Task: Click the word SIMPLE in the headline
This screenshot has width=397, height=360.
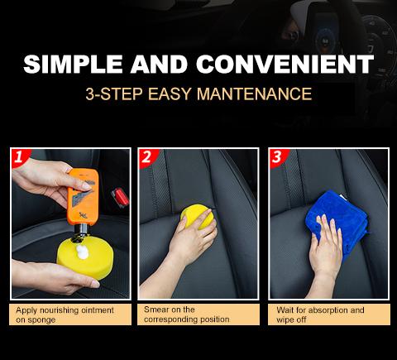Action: pyautogui.click(x=73, y=64)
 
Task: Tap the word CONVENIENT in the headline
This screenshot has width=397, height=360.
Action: pyautogui.click(x=285, y=64)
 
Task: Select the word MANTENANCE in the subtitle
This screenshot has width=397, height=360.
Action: pyautogui.click(x=255, y=94)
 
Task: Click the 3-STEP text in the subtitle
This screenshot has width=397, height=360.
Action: pyautogui.click(x=114, y=94)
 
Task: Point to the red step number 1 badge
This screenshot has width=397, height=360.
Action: pyautogui.click(x=19, y=157)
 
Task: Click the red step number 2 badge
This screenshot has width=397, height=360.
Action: pyautogui.click(x=147, y=157)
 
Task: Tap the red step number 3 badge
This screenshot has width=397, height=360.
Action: pyautogui.click(x=278, y=157)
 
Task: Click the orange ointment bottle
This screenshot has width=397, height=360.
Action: pyautogui.click(x=83, y=197)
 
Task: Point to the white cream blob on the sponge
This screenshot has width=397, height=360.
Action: pyautogui.click(x=83, y=252)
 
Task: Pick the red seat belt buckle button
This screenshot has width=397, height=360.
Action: pyautogui.click(x=121, y=197)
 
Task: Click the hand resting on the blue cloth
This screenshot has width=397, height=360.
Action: pyautogui.click(x=325, y=250)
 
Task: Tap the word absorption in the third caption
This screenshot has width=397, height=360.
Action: pyautogui.click(x=328, y=310)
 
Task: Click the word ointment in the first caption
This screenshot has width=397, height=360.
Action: pyautogui.click(x=98, y=310)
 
